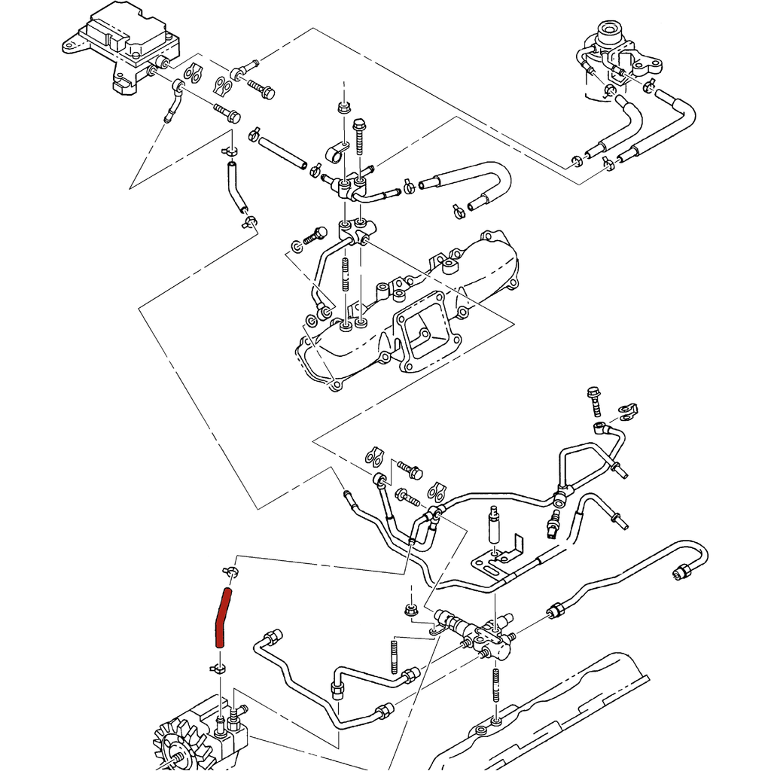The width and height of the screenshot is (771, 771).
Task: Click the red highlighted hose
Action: [x=221, y=619]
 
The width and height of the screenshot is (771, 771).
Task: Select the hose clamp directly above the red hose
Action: [x=230, y=574]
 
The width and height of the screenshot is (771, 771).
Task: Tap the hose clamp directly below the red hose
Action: [x=218, y=668]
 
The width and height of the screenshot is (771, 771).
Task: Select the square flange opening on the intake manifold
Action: [x=422, y=335]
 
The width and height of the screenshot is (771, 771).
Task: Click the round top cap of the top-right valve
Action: [x=609, y=31]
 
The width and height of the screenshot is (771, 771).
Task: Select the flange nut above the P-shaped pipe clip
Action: [x=342, y=106]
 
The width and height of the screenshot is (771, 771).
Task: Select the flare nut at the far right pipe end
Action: [x=681, y=572]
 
